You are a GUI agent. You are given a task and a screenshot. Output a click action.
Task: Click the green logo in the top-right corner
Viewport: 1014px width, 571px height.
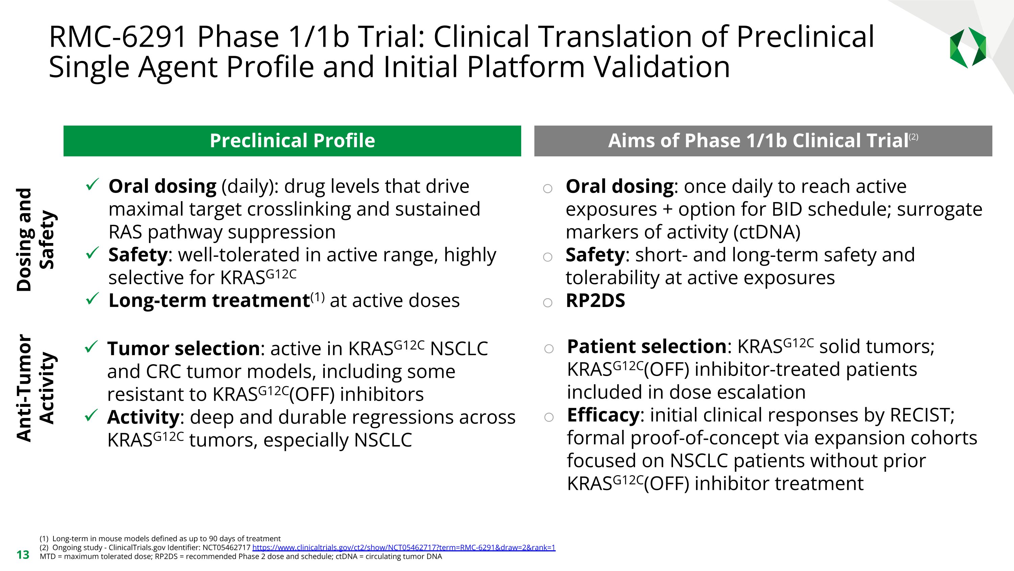pos(968,48)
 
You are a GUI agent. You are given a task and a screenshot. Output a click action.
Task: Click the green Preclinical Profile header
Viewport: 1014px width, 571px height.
pos(292,141)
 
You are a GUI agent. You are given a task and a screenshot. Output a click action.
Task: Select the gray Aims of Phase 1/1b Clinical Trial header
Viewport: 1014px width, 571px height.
pos(763,141)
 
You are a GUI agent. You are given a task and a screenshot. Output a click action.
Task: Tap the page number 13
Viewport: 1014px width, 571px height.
pos(23,555)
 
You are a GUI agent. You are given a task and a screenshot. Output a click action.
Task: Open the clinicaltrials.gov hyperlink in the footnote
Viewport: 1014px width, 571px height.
pos(404,547)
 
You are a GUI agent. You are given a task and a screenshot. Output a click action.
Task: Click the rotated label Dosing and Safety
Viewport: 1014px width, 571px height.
pos(35,239)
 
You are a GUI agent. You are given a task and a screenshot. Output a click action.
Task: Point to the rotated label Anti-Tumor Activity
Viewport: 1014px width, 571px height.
pos(35,388)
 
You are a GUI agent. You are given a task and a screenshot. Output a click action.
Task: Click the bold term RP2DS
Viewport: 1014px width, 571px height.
pos(595,301)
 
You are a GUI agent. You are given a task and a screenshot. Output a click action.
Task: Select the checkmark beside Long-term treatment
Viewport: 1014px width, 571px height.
pos(91,299)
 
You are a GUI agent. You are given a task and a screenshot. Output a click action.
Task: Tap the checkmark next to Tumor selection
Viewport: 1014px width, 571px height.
pos(91,347)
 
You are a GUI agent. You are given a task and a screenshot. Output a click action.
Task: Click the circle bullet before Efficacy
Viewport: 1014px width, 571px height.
pos(549,417)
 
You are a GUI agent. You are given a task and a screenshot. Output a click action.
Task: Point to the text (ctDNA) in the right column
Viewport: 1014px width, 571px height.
pos(767,232)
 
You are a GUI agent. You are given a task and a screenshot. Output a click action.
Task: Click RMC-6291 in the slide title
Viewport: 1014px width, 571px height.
pos(117,37)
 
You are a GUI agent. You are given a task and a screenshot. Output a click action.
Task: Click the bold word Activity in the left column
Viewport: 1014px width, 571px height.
pos(143,417)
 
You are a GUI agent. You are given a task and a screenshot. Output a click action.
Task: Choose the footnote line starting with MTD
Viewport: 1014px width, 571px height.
pos(241,556)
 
